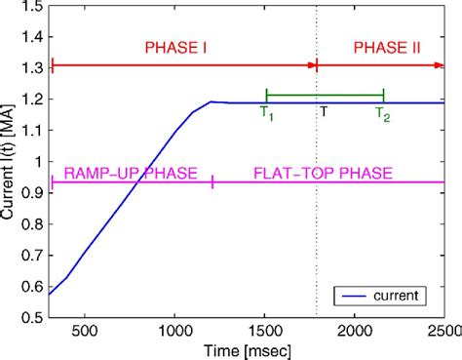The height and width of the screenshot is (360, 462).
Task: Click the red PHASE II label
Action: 384,47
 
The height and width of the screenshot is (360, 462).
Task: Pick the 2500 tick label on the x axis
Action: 443,331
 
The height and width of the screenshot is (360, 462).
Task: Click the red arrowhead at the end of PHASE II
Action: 440,64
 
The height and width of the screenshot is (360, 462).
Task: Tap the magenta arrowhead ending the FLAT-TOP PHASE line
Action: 440,181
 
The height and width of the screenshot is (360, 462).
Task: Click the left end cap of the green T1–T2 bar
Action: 266,95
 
